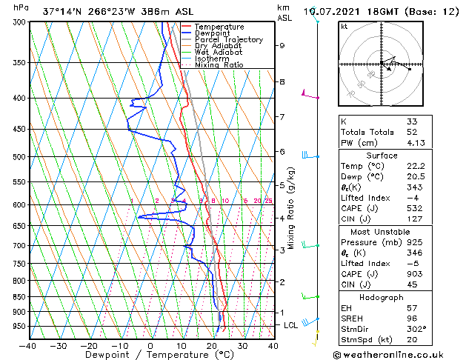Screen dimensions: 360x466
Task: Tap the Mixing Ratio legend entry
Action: click(x=219, y=65)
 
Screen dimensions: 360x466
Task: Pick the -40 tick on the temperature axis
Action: click(x=28, y=345)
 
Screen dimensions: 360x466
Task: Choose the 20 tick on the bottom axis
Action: click(x=211, y=345)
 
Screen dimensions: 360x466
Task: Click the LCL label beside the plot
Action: click(x=292, y=325)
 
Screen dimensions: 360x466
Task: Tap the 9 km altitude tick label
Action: click(x=282, y=45)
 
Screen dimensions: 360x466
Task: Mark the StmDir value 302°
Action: click(x=416, y=329)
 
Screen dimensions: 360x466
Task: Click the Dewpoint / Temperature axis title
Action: click(x=150, y=355)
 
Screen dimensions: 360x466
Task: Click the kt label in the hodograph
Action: click(x=344, y=27)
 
